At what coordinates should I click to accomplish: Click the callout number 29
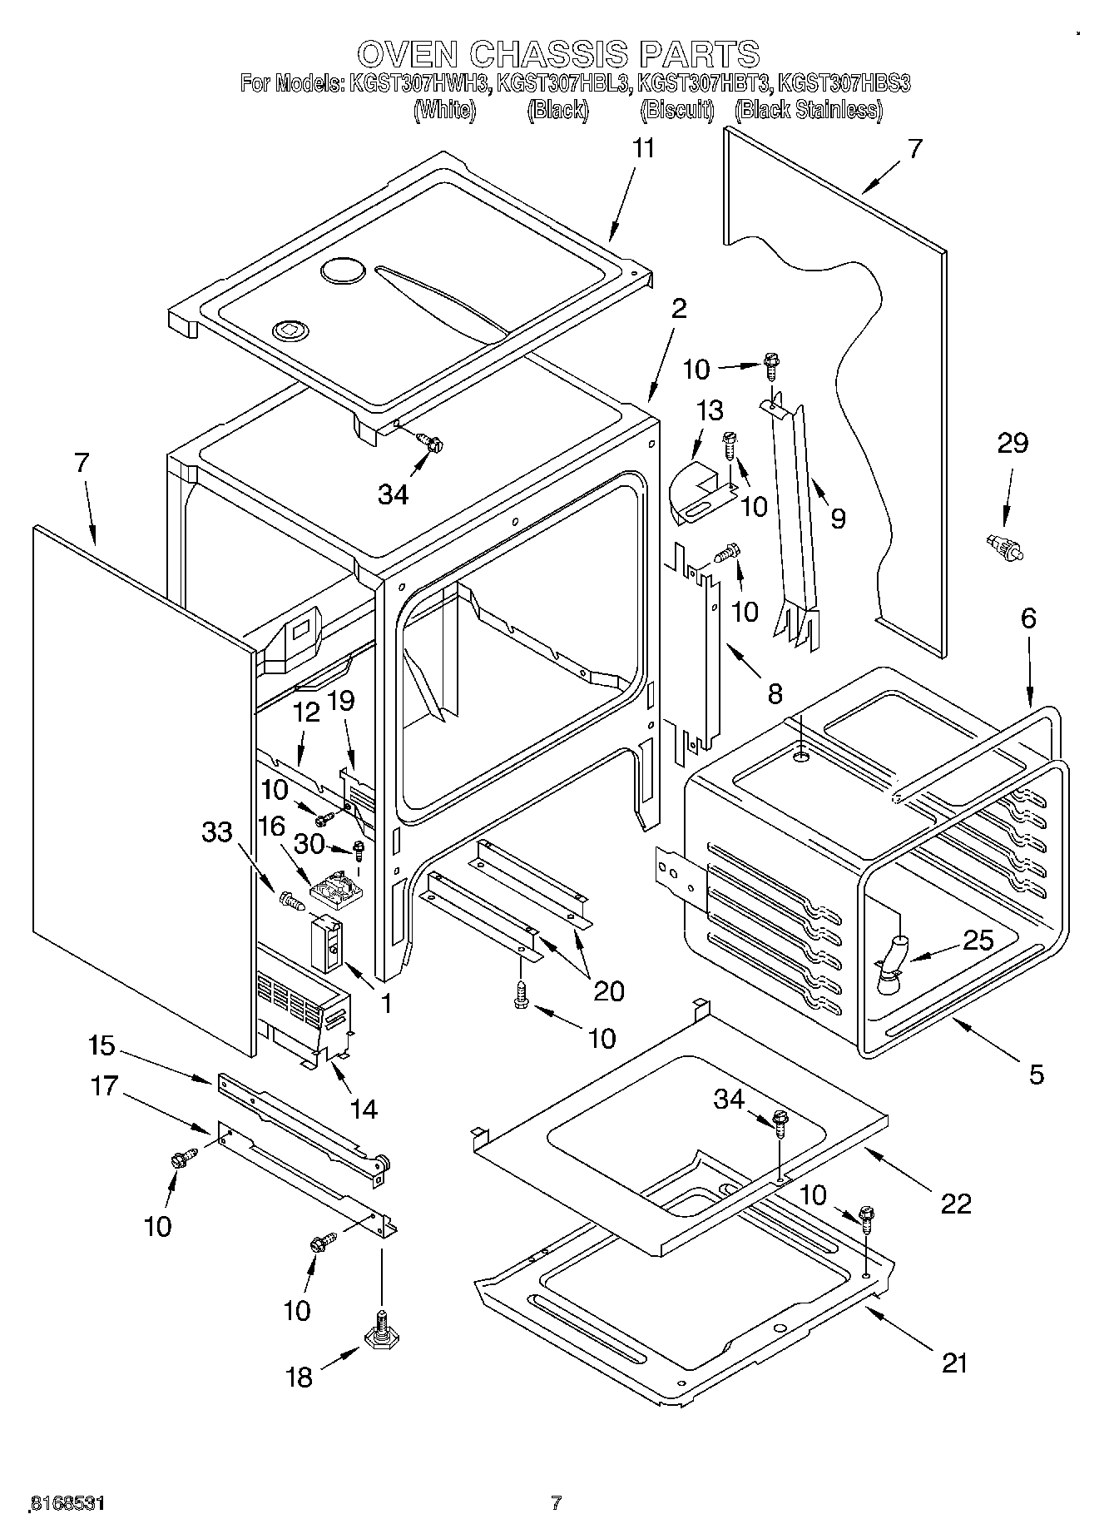point(1013,444)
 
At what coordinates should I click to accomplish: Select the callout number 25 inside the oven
point(978,941)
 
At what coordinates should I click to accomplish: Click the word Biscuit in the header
point(677,110)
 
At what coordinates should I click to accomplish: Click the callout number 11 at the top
point(643,149)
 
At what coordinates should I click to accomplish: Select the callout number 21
point(954,1363)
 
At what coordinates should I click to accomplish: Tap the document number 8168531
point(67,1504)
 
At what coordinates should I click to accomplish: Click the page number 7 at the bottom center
point(557,1503)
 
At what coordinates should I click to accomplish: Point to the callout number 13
point(709,410)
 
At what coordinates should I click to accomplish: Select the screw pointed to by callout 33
point(291,899)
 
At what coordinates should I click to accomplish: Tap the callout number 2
point(679,309)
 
